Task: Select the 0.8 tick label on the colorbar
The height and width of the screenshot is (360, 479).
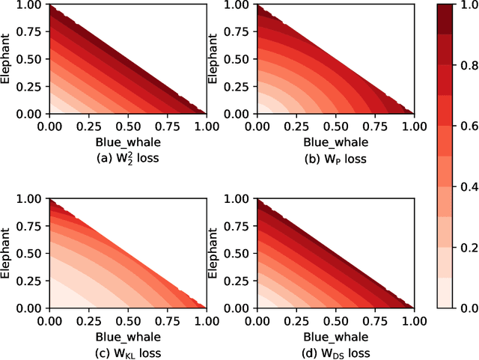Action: (469, 65)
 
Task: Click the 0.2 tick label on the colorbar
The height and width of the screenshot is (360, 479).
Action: (469, 247)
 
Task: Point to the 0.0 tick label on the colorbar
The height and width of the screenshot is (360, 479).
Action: (469, 308)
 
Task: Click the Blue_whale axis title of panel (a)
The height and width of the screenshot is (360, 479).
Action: (127, 142)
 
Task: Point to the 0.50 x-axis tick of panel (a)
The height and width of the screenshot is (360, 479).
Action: (127, 126)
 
